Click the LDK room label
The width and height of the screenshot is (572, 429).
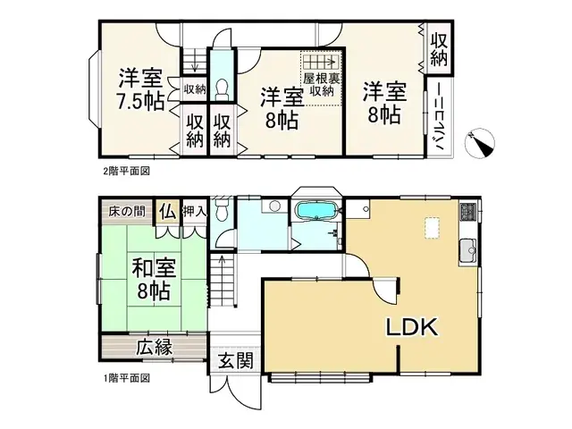point(412,328)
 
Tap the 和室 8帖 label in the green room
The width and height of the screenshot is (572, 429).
point(155,278)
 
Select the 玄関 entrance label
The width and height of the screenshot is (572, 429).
point(235,362)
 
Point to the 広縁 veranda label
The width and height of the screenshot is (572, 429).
point(155,347)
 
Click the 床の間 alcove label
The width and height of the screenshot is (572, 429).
point(126,212)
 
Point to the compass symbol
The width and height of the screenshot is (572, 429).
point(485,143)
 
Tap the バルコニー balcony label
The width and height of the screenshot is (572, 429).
point(440,121)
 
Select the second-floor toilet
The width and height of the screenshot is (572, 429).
point(221,88)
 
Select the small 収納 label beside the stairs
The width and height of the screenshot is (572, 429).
point(195,88)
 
